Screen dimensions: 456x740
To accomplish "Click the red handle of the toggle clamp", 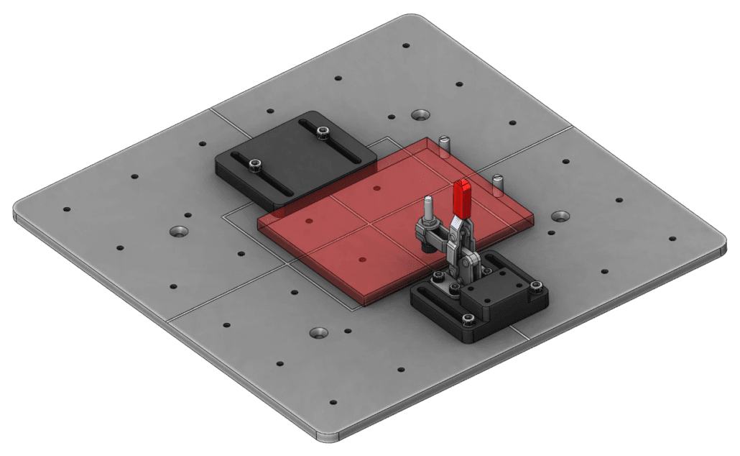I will pos(463,199).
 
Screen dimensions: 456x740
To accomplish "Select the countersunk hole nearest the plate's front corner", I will pos(319,333).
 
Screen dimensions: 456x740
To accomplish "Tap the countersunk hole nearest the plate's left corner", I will pos(178,232).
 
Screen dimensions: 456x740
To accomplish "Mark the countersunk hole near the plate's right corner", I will pos(560,215).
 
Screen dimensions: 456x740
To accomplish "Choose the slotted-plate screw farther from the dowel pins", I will pos(254,165).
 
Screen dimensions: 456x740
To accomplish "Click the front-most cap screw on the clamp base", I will pos(468,319).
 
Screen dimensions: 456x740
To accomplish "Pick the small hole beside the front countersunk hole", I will pos(348,332).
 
